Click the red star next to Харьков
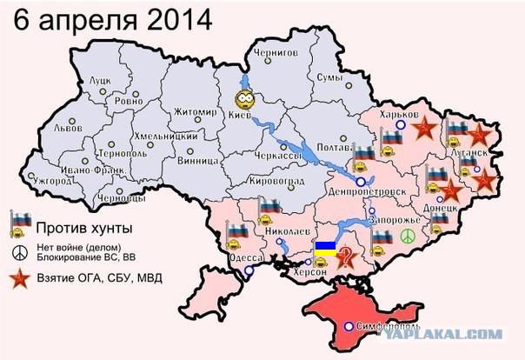coord(423,129)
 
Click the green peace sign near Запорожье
coord(407,237)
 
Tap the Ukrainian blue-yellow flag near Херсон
coord(324,249)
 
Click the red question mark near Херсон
coord(346,257)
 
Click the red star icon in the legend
coord(19,279)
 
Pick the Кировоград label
coord(276,180)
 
